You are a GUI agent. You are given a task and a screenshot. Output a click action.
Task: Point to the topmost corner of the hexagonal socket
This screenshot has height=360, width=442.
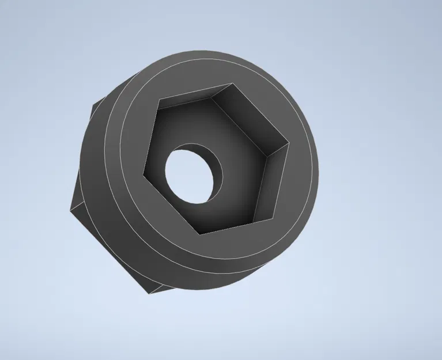(x=235, y=84)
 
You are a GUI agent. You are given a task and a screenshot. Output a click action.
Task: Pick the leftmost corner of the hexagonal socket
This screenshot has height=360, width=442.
(x=143, y=172)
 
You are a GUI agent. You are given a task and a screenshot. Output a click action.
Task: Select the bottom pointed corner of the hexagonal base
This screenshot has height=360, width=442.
(x=149, y=293)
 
